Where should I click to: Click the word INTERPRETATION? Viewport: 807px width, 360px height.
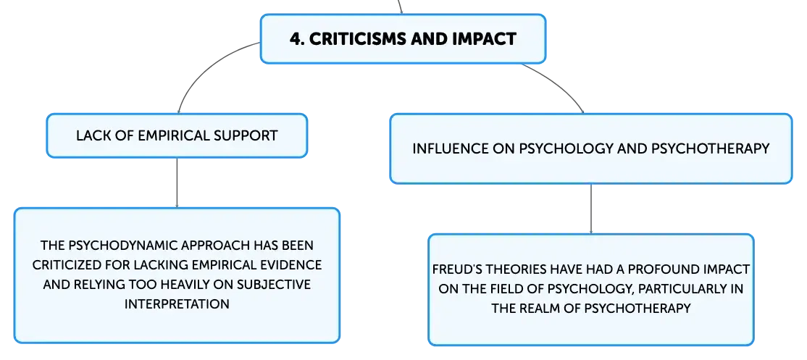(177, 304)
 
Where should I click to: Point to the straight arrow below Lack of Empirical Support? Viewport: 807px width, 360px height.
(177, 183)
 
